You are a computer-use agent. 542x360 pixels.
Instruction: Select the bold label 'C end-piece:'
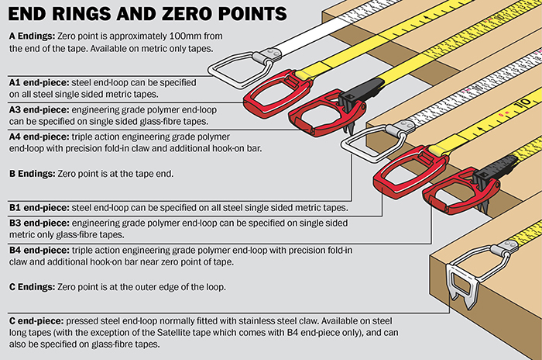pos(36,319)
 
